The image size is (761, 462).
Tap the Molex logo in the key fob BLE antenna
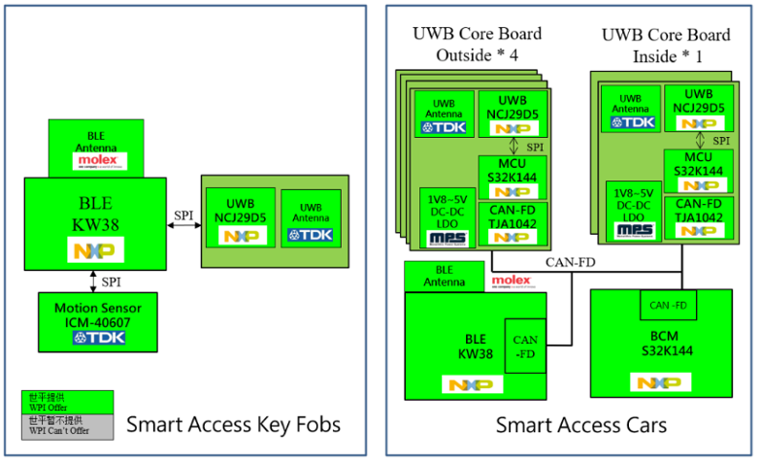(x=97, y=160)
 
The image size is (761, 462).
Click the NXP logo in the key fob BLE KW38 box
(x=94, y=250)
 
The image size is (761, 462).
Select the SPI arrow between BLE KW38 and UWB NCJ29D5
(x=183, y=225)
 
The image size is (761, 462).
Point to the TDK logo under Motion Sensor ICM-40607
(x=94, y=338)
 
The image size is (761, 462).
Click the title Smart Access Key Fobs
(x=234, y=424)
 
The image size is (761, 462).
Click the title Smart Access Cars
(x=580, y=425)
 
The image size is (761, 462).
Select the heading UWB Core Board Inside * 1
(x=665, y=44)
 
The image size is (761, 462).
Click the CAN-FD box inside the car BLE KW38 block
(x=525, y=347)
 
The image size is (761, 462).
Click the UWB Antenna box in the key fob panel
(x=311, y=220)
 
